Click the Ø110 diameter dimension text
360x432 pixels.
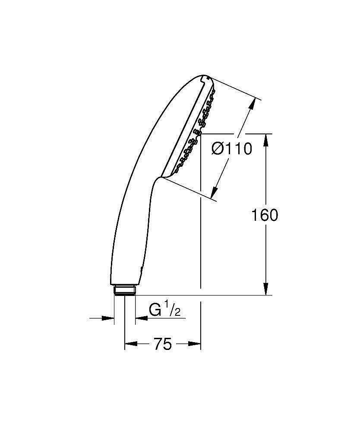232,149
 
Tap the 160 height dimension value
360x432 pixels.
265,215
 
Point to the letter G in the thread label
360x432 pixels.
155,310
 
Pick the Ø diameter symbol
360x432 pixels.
218,149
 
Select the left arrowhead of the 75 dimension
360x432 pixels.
130,344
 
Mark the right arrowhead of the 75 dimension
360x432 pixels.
196,344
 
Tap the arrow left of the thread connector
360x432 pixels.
108,318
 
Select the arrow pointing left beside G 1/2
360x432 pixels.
141,318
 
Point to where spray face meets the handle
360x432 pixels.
161,177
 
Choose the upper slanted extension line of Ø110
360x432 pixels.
235,89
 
